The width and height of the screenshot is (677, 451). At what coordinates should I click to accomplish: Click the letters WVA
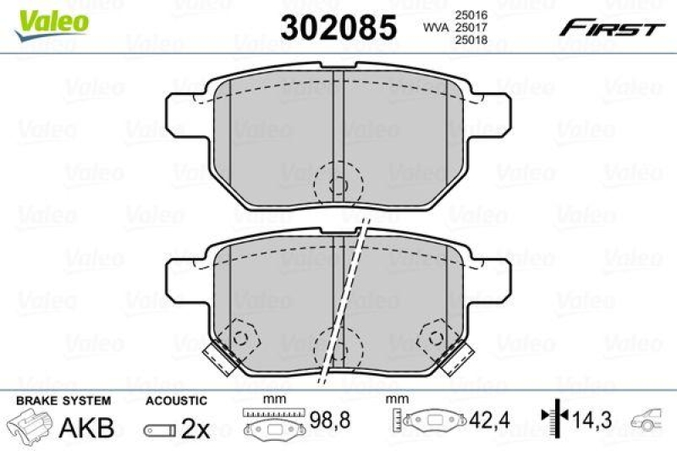point(436,27)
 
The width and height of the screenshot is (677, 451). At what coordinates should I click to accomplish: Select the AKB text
point(85,427)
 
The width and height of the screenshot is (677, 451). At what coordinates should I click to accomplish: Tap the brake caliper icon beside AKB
point(32,426)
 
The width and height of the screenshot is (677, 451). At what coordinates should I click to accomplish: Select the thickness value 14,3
point(592,418)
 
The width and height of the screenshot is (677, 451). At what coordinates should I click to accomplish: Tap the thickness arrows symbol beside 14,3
point(553,417)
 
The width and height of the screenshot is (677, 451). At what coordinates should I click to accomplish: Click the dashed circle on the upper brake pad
point(337,184)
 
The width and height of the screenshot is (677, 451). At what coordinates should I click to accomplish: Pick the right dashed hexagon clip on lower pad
point(435,338)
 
